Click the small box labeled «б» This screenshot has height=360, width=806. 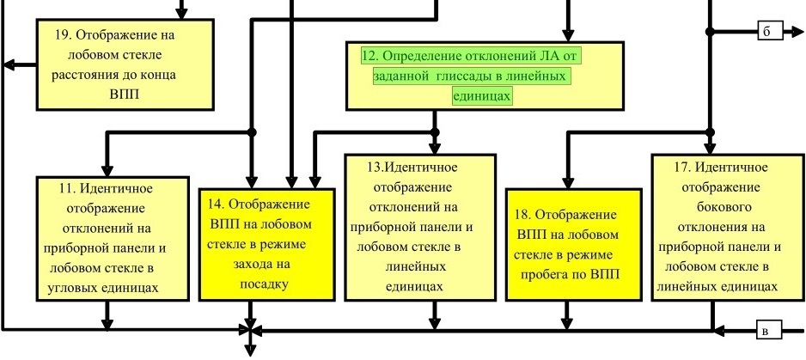click(770, 32)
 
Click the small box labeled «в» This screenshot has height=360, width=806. click(768, 330)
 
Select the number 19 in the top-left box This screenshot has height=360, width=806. click(63, 35)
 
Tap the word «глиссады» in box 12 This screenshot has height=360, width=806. click(467, 76)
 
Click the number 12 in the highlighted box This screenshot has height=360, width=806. click(370, 56)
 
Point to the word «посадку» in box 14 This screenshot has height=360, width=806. click(264, 284)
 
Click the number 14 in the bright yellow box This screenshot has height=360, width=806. click(216, 204)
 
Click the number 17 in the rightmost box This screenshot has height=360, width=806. click(681, 168)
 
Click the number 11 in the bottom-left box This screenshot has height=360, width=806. click(67, 189)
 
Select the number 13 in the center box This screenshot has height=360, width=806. click(375, 168)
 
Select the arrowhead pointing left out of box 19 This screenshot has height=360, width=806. click(10, 65)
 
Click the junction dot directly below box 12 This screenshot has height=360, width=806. click(435, 132)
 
